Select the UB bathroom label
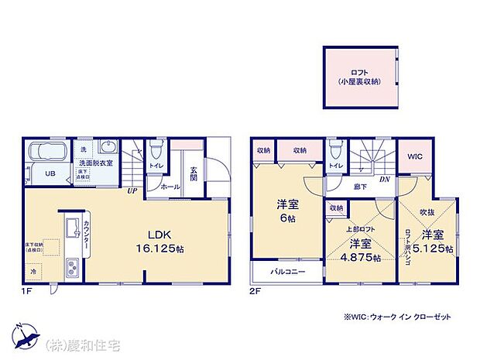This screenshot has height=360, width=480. pyautogui.click(x=48, y=173)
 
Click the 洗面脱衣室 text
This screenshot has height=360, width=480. pyautogui.click(x=95, y=163)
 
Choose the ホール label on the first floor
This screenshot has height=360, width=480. pyautogui.click(x=171, y=186)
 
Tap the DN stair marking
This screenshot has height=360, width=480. pyautogui.click(x=385, y=180)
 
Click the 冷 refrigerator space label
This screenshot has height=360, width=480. pyautogui.click(x=33, y=272)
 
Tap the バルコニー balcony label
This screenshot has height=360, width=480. pyautogui.click(x=288, y=273)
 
